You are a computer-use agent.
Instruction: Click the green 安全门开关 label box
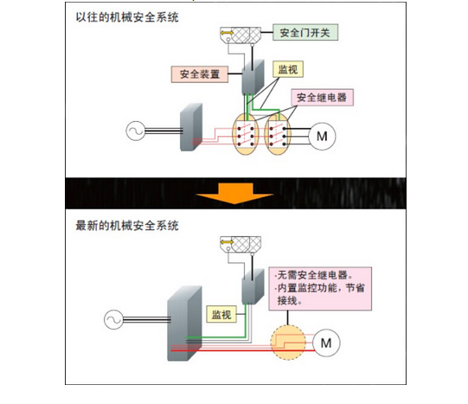pyautogui.click(x=305, y=32)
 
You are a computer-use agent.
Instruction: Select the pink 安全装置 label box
pyautogui.click(x=200, y=74)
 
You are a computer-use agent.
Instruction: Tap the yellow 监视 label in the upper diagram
pyautogui.click(x=288, y=69)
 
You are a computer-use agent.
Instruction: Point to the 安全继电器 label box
pyautogui.click(x=322, y=97)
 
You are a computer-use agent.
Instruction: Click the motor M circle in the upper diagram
pyautogui.click(x=322, y=136)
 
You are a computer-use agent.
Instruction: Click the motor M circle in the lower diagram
pyautogui.click(x=326, y=343)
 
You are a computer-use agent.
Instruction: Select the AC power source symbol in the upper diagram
pyautogui.click(x=136, y=131)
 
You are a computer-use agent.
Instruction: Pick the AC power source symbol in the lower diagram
pyautogui.click(x=113, y=319)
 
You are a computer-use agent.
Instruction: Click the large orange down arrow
pyautogui.click(x=234, y=193)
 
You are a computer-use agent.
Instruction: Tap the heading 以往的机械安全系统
pyautogui.click(x=127, y=17)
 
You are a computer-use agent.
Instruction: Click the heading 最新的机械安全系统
pyautogui.click(x=127, y=226)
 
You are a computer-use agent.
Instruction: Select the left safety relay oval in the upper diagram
pyautogui.click(x=246, y=134)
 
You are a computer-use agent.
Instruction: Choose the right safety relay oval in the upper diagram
pyautogui.click(x=278, y=134)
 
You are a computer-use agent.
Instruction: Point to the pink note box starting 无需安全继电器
pyautogui.click(x=320, y=289)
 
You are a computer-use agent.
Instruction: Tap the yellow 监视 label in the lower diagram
pyautogui.click(x=221, y=314)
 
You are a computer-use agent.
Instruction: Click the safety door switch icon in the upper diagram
pyautogui.click(x=240, y=35)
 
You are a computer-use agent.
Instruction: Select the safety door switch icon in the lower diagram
pyautogui.click(x=240, y=244)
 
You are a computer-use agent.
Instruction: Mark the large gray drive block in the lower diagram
pyautogui.click(x=184, y=324)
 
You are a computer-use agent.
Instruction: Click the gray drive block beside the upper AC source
pyautogui.click(x=191, y=127)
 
